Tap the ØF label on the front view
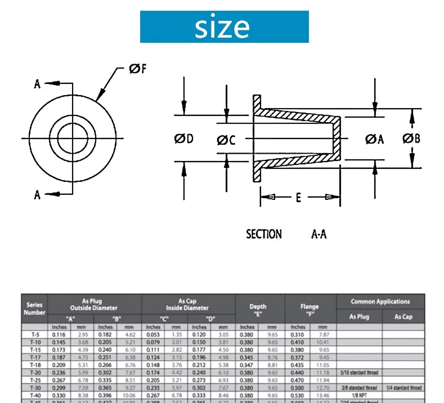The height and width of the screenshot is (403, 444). tap(138, 69)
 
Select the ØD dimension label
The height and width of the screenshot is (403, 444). tap(183, 138)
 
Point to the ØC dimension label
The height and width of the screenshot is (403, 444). tap(226, 140)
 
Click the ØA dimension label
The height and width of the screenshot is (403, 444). tap(374, 139)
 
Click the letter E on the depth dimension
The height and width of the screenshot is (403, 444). tap(299, 198)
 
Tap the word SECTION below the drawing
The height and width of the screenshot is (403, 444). tap(264, 234)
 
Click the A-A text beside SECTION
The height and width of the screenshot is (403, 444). tap(319, 234)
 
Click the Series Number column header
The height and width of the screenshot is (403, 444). tap(34, 308)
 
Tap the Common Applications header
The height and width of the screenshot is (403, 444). tap(380, 302)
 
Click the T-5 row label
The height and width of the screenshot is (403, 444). tap(34, 334)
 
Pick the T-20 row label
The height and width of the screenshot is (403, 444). tap(34, 372)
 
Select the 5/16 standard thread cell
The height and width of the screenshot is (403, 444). tap(359, 373)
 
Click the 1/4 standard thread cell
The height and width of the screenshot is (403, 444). tap(403, 388)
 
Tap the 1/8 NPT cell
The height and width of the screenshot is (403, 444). tap(359, 395)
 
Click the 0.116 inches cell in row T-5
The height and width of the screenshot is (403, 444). tap(60, 334)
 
